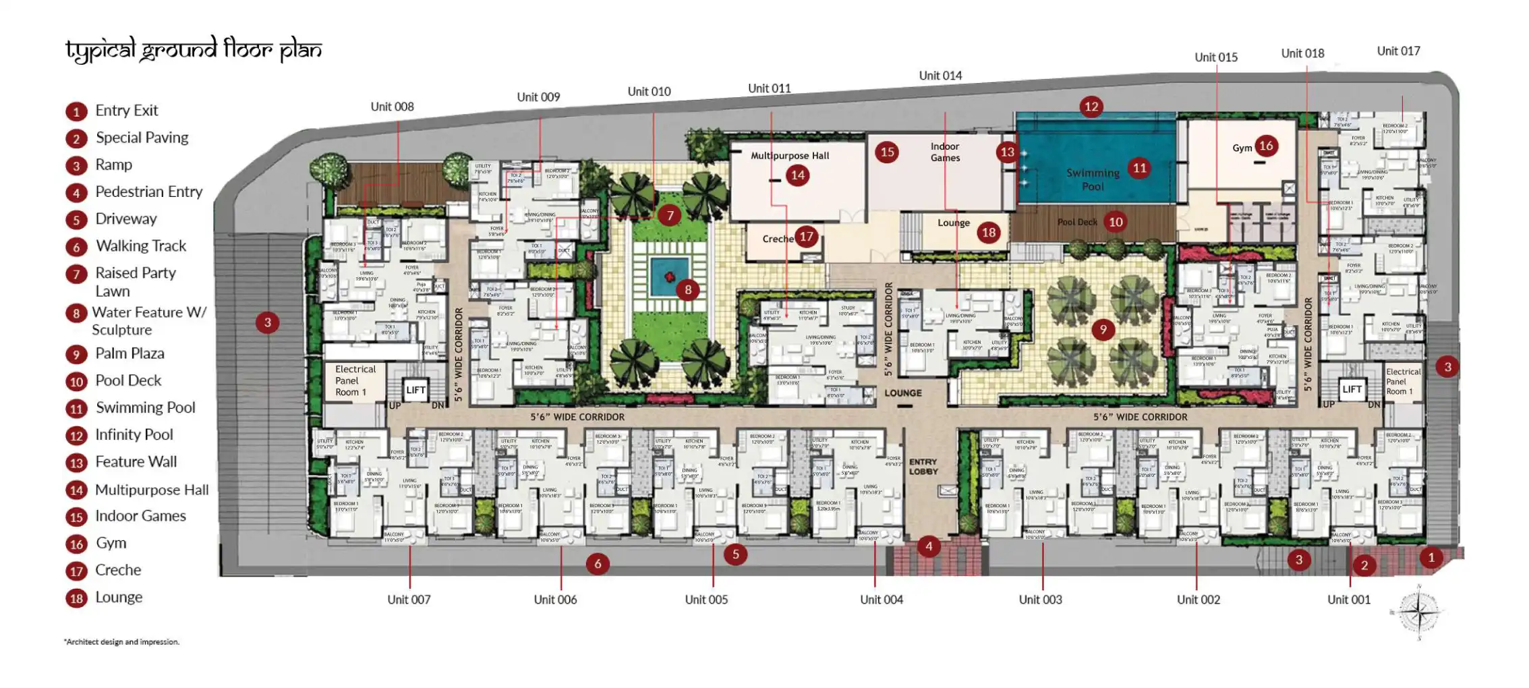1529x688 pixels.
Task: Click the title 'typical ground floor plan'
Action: (x=193, y=50)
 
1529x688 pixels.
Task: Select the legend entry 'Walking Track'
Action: (x=141, y=246)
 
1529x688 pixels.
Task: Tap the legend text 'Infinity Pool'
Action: (x=134, y=435)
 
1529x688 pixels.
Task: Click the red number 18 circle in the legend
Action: (x=76, y=598)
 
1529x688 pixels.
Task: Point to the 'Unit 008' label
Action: (x=392, y=107)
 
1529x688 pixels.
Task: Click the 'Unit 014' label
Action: (x=940, y=76)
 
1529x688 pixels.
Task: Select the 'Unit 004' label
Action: (x=881, y=600)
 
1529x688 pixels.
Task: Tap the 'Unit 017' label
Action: (x=1398, y=51)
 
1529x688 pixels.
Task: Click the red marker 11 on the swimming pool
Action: (x=1139, y=168)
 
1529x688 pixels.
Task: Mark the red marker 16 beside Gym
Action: (x=1266, y=146)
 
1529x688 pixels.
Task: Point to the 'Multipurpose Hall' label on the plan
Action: (x=790, y=156)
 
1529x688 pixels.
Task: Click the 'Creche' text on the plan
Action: (x=778, y=239)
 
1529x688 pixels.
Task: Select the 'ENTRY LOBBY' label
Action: (x=923, y=467)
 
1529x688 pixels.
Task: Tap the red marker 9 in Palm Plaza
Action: (x=1103, y=330)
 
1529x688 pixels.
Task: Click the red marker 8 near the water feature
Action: (x=687, y=290)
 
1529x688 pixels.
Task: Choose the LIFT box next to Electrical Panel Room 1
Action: (x=415, y=390)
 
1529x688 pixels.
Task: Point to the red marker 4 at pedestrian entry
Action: (x=929, y=546)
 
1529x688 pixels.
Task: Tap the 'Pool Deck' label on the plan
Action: (x=1077, y=222)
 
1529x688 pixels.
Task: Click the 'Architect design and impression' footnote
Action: (x=122, y=642)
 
